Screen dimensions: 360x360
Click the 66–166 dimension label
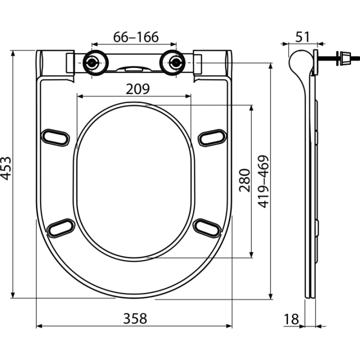tap(136, 37)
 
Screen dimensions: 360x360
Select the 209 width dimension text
tap(138, 89)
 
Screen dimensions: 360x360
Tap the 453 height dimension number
tap(6, 168)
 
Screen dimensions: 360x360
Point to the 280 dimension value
tap(244, 180)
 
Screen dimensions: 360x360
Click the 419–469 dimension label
tap(263, 181)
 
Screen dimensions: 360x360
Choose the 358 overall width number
tap(135, 318)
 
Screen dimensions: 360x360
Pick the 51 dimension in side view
tap(302, 37)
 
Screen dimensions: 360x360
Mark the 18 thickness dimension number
tap(291, 319)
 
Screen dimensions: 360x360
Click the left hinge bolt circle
tap(92, 62)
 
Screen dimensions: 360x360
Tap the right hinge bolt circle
tap(176, 62)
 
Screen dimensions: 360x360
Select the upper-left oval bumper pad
tap(55, 137)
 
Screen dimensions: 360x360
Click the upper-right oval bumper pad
tap(212, 138)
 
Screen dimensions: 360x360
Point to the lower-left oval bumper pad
tap(61, 228)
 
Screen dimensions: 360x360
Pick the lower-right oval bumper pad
tap(207, 228)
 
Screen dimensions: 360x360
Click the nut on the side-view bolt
tap(345, 58)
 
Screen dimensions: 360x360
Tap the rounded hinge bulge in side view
tap(299, 61)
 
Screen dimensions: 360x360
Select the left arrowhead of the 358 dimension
tap(39, 326)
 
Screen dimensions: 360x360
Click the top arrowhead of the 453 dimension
tap(13, 53)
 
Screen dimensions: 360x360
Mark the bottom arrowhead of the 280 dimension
tap(251, 255)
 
